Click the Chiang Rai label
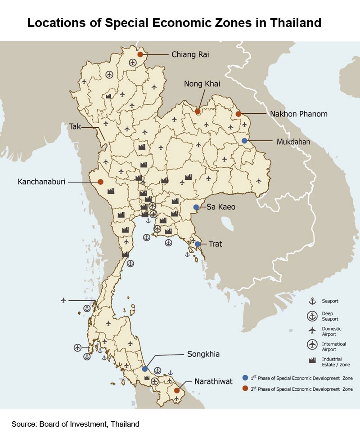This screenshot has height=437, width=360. coord(190,55)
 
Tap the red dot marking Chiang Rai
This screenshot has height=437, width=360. coord(140,54)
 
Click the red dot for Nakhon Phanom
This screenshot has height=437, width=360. coord(238,114)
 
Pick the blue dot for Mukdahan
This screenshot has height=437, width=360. coord(244,141)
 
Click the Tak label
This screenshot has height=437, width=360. coord(75,127)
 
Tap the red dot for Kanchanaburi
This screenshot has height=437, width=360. coord(100,182)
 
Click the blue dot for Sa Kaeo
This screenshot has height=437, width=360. coord(196,207)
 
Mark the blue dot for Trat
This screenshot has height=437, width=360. coord(198,244)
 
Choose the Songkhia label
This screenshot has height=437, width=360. coord(203,354)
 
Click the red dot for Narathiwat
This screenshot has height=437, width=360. coord(177,390)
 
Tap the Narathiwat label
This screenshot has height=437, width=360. coord(213,382)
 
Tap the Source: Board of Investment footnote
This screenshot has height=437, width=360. coord(76,424)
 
